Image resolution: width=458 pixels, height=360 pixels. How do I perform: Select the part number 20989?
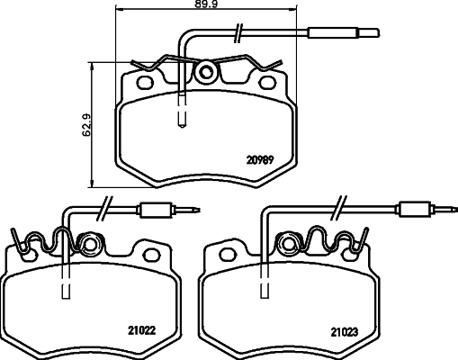click(260, 161)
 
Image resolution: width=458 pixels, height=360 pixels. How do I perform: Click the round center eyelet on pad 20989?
click(207, 72)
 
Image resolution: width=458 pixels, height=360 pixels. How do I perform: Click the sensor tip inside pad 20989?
click(183, 117)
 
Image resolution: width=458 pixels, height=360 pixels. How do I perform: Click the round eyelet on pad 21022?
click(88, 243)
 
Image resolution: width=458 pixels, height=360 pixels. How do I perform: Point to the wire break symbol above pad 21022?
click(103, 205)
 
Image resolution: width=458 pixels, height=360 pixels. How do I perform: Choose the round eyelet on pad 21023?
click(290, 243)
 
